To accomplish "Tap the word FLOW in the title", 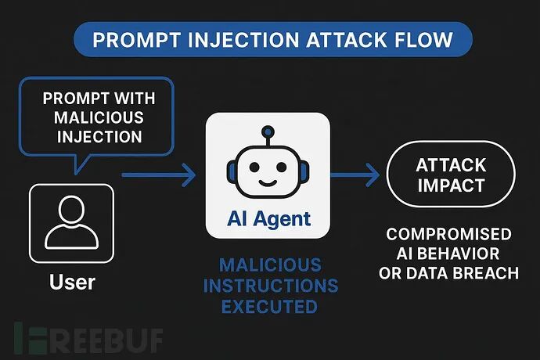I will click(x=423, y=41).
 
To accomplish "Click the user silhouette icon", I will click(x=71, y=222).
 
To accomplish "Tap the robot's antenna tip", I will click(x=267, y=131).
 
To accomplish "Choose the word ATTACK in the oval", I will click(x=451, y=166).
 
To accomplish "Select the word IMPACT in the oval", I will click(x=451, y=186).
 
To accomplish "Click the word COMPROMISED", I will click(x=448, y=235).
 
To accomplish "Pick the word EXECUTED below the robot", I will click(x=268, y=305).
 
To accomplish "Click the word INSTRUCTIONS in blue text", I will click(x=268, y=285).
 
